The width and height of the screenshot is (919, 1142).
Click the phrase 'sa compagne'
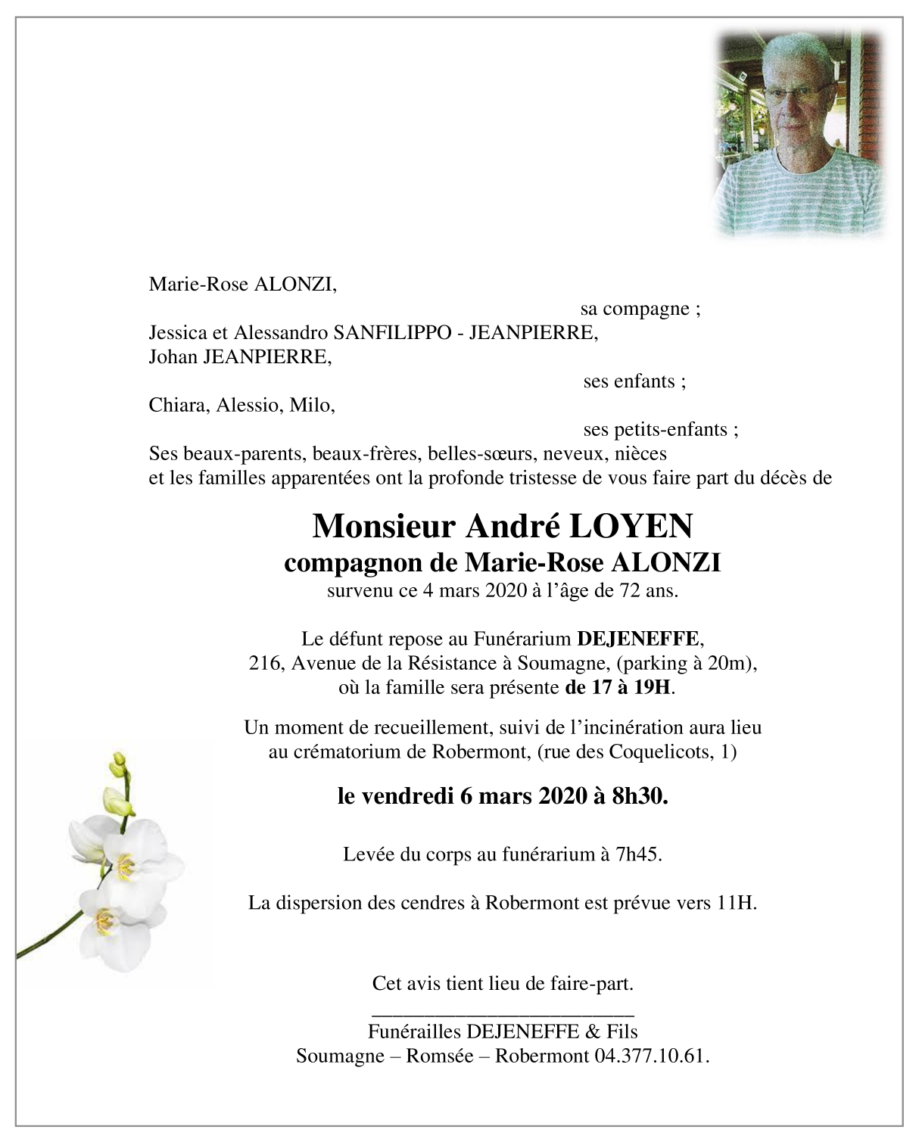[640, 309]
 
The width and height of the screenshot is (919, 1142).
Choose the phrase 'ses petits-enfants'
[661, 430]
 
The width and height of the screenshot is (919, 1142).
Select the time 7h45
[640, 855]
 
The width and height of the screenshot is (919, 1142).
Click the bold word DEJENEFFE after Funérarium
[637, 639]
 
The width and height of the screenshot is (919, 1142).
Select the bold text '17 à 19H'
[618, 688]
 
